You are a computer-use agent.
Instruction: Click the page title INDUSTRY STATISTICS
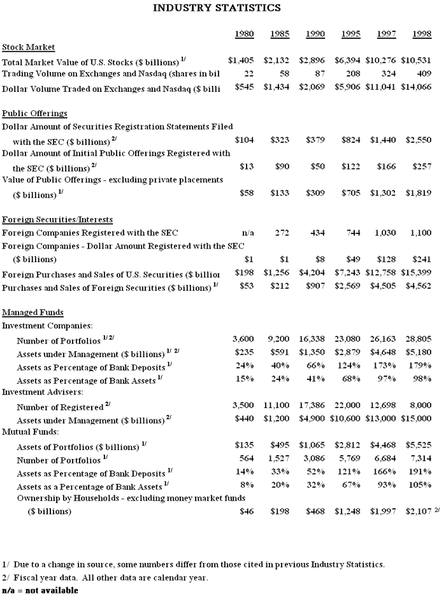[x=217, y=8]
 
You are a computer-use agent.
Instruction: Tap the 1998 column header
[x=420, y=33]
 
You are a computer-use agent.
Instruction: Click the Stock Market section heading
[x=28, y=47]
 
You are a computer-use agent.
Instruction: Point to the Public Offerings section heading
[x=34, y=113]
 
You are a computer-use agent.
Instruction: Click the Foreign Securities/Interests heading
[x=57, y=220]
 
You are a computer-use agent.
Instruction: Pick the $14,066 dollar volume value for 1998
[x=417, y=87]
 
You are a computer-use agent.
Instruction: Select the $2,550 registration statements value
[x=420, y=140]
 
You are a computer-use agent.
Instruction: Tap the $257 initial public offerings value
[x=423, y=166]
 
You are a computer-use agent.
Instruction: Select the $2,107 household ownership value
[x=417, y=511]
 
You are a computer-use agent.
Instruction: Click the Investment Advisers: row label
[x=39, y=391]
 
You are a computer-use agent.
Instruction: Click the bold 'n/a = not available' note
[x=40, y=590]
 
